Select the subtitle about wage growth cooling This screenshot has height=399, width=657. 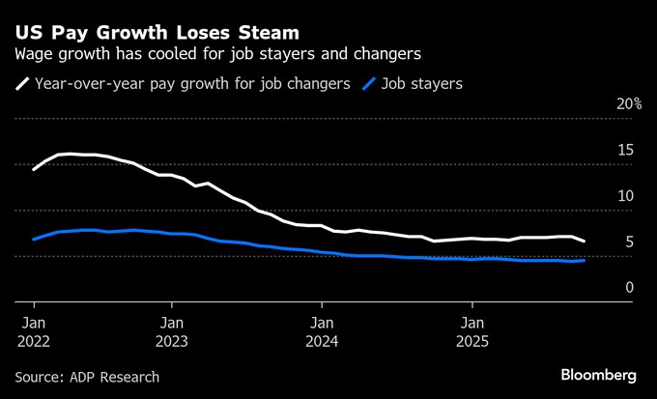click(217, 54)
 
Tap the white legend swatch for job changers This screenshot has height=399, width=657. click(23, 84)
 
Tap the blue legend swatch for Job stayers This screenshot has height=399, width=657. click(369, 84)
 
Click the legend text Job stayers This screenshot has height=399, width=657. click(423, 84)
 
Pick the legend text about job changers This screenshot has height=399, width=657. click(192, 84)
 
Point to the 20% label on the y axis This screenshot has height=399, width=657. click(629, 104)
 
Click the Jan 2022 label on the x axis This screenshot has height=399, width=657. click(33, 331)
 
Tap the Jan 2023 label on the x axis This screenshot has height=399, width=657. click(172, 331)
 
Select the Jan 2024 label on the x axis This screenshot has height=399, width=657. click(322, 331)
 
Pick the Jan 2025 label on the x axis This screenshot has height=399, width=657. click(472, 331)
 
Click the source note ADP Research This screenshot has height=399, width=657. click(87, 377)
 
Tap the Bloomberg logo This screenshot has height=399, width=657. click(599, 375)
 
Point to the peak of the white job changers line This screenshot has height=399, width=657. click(68, 154)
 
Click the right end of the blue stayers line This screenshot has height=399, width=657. click(584, 260)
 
